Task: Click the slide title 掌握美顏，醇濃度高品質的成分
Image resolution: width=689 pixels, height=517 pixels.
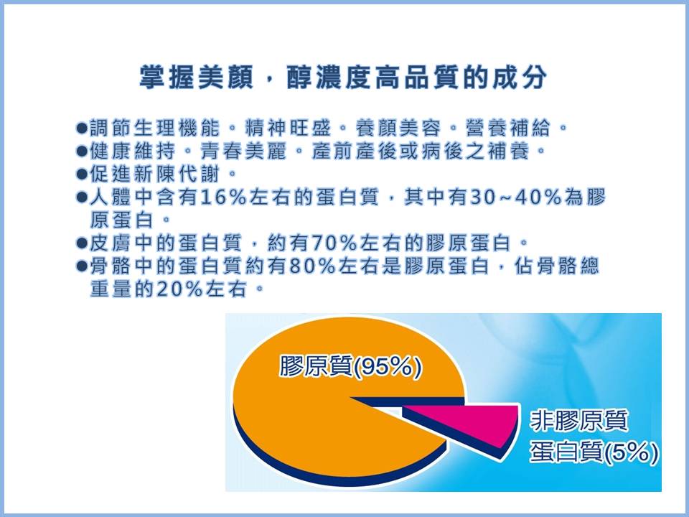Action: click(343, 78)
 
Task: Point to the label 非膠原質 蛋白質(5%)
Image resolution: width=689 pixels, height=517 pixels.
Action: click(594, 436)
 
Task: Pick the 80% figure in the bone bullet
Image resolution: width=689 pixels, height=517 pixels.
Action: click(312, 266)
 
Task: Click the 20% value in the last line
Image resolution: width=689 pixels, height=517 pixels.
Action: click(179, 289)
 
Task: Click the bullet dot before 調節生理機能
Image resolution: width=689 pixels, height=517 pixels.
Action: click(82, 129)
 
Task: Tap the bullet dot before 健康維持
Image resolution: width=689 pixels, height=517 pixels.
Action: click(82, 152)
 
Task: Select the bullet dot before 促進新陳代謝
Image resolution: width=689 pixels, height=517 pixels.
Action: click(82, 174)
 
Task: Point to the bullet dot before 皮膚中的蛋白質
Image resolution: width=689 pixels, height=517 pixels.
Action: click(82, 243)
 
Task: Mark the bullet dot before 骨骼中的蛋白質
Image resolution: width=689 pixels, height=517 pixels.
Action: click(82, 266)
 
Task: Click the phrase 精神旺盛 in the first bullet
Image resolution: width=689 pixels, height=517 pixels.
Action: click(288, 129)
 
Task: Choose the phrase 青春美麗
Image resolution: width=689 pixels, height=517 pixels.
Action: click(243, 152)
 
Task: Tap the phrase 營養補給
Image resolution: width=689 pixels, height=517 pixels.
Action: click(508, 129)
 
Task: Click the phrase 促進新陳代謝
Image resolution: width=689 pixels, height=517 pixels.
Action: click(155, 174)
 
